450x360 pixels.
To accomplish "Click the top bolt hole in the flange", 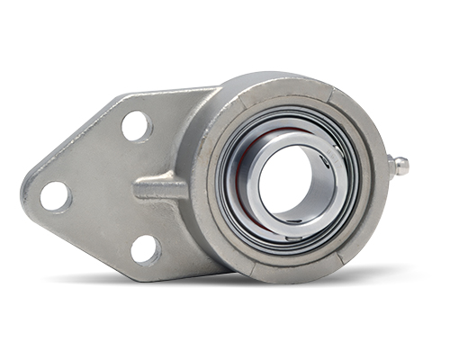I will point(136,126).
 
